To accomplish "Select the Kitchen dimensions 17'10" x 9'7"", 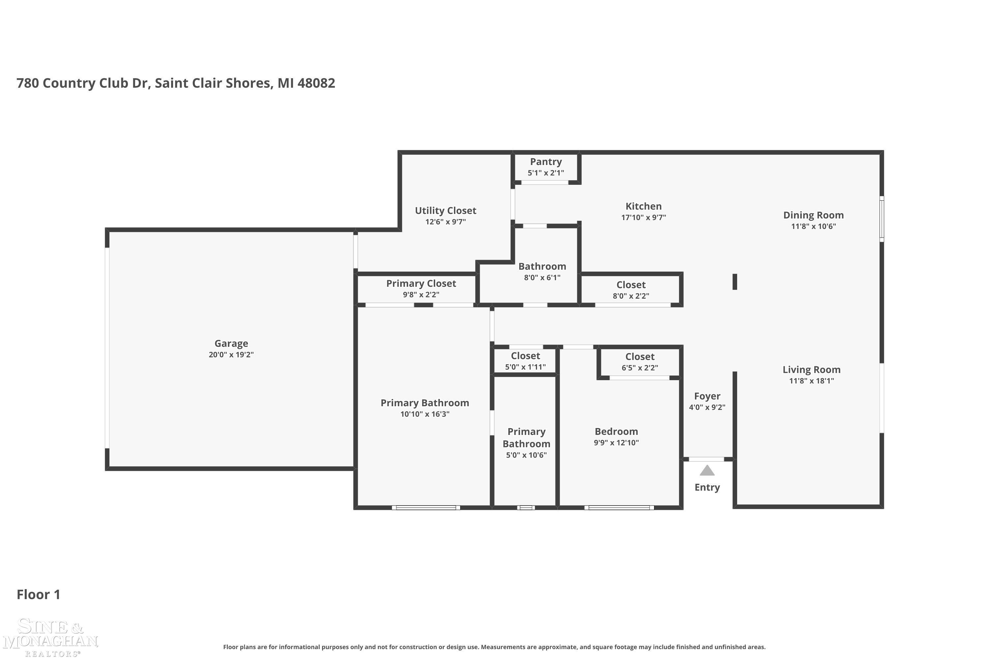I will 644,217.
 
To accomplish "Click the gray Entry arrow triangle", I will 707,471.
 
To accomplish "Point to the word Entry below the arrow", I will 707,487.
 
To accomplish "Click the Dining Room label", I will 813,215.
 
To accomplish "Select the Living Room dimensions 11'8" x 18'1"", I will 811,381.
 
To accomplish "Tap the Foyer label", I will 707,396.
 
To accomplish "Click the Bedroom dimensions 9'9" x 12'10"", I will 616,443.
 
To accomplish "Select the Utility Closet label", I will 445,211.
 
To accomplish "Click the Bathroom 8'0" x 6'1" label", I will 542,266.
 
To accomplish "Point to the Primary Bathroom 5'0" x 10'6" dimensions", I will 526,455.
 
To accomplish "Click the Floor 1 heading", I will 38,594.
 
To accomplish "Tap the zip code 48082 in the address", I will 316,83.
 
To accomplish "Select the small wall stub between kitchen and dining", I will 734,281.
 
